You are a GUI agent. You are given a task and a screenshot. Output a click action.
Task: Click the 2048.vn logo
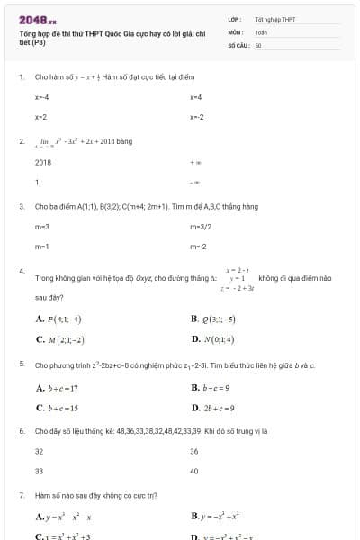tap(37, 19)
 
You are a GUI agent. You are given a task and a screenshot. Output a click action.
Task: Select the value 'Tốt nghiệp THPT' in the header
tap(274, 19)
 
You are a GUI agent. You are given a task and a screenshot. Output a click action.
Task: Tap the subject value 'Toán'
tap(261, 31)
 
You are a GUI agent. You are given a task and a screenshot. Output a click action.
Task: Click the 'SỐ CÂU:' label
tap(238, 43)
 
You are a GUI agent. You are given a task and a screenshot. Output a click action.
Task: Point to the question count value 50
tap(258, 43)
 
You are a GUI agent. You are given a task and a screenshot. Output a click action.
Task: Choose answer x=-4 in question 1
tap(41, 96)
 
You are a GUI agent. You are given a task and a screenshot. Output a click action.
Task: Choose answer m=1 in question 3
tap(41, 246)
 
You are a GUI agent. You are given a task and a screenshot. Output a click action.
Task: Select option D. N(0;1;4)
tap(212, 339)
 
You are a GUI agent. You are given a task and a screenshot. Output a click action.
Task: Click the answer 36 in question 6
tap(194, 451)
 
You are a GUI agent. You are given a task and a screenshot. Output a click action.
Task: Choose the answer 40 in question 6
tap(194, 471)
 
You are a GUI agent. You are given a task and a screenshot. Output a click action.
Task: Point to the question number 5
tap(22, 364)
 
